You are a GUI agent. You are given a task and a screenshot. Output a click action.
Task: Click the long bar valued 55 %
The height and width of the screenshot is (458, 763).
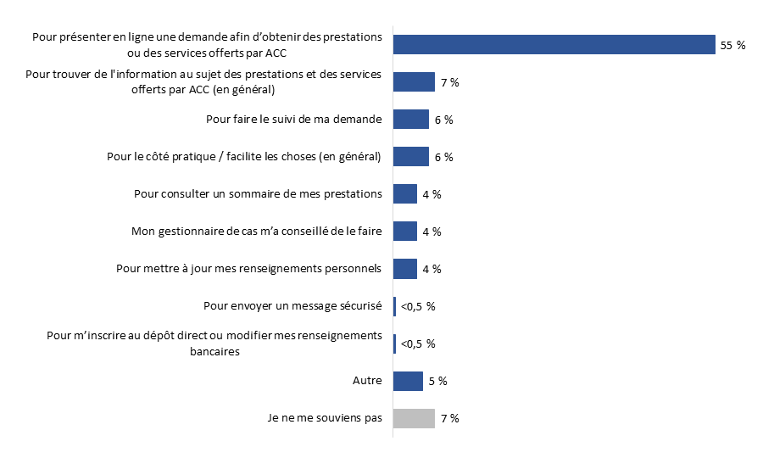(x=554, y=45)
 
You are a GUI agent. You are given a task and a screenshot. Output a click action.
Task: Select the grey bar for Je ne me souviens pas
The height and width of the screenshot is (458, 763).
(x=414, y=418)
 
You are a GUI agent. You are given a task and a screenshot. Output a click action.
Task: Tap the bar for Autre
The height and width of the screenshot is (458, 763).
(x=408, y=381)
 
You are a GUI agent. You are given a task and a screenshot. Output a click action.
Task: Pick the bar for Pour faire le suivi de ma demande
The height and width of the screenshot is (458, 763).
(x=411, y=120)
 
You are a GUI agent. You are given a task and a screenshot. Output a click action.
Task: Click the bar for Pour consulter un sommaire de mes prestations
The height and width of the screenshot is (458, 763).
(x=405, y=194)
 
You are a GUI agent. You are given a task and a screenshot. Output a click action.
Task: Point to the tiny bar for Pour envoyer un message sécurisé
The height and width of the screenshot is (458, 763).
(x=394, y=306)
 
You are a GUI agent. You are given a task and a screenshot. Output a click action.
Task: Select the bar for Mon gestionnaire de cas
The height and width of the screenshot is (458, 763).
(x=405, y=232)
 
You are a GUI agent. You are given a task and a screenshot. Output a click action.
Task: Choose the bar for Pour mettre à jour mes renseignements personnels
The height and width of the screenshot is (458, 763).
(x=405, y=269)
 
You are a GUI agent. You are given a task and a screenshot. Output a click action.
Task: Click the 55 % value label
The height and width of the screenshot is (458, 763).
(x=732, y=46)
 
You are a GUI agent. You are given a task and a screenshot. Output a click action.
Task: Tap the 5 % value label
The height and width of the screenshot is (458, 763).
(x=437, y=382)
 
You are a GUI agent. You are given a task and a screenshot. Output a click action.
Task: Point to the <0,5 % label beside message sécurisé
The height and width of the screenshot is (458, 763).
(x=418, y=307)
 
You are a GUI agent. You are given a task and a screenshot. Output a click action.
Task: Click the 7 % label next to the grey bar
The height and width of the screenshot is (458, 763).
(x=449, y=419)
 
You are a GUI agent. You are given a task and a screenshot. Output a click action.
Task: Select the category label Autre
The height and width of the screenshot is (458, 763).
(x=367, y=382)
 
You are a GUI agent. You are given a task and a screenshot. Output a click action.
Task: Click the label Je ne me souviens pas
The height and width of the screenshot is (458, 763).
(x=324, y=418)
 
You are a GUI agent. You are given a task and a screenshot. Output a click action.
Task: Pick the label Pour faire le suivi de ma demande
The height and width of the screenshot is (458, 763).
(x=294, y=120)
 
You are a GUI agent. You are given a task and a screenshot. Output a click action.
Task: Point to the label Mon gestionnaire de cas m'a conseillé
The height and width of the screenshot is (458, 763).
(x=257, y=232)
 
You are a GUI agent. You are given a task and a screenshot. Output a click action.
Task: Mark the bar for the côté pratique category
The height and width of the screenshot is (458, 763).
(x=411, y=157)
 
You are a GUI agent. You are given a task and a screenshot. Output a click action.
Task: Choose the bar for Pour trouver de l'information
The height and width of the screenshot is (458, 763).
(x=414, y=82)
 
